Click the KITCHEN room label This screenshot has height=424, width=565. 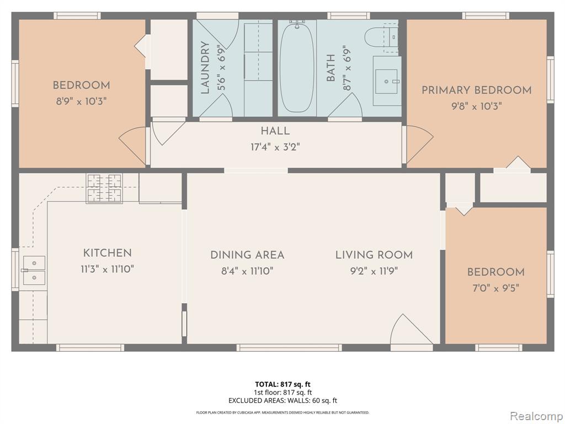pos(108,253)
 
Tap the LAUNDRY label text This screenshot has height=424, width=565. pos(205,68)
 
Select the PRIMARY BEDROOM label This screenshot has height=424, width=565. pos(476,91)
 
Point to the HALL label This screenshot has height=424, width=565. pos(275,131)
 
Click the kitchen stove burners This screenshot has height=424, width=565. pos(104,188)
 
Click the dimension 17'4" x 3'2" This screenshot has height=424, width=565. pos(275,147)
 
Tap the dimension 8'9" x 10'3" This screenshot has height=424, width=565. pos(81,102)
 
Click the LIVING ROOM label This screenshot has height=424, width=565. pos(374,255)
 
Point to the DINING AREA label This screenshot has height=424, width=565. pos(247,255)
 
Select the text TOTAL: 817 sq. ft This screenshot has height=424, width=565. pos(282,384)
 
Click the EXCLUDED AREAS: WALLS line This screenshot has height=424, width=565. pos(282,400)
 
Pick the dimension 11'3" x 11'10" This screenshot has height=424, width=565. pos(108,269)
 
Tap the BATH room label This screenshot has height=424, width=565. pos(331,68)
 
